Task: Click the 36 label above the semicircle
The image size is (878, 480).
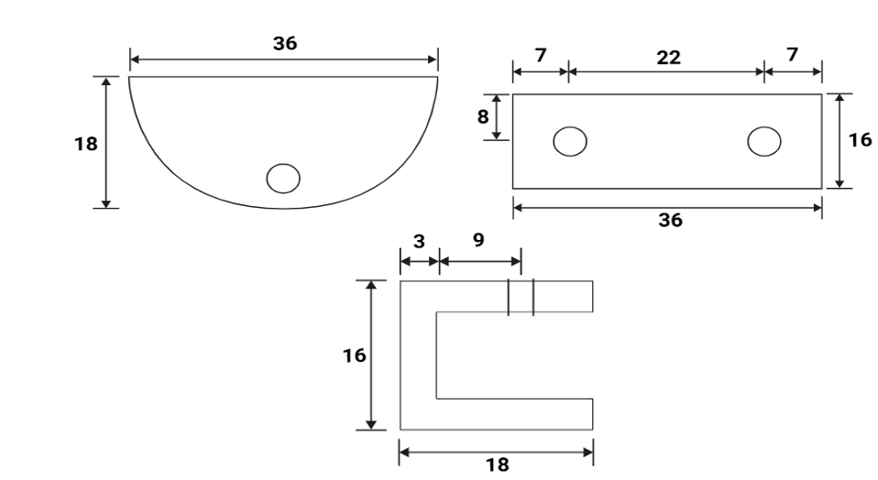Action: (285, 44)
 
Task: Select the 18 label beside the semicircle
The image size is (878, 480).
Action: (87, 144)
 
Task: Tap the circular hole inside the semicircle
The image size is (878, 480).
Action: (282, 178)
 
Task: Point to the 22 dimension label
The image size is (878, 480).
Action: (669, 58)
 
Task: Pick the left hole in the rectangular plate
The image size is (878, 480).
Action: (569, 142)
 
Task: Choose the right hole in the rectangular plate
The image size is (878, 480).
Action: (764, 141)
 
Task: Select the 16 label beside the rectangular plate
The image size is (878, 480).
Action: (860, 141)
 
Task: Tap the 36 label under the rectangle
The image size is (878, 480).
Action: (670, 221)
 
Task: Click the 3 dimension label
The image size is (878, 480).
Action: (418, 241)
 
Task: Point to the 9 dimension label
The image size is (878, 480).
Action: (478, 241)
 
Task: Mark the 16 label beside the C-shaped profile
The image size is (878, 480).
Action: (354, 355)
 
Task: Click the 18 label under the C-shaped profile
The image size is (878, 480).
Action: (497, 464)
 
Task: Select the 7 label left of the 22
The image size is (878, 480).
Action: (540, 55)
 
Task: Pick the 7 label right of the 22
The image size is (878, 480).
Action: (792, 55)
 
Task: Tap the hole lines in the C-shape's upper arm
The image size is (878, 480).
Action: (521, 298)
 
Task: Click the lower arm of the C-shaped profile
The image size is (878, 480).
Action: (513, 413)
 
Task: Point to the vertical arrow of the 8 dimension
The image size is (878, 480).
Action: (497, 116)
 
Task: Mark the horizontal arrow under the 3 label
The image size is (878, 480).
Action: (420, 261)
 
